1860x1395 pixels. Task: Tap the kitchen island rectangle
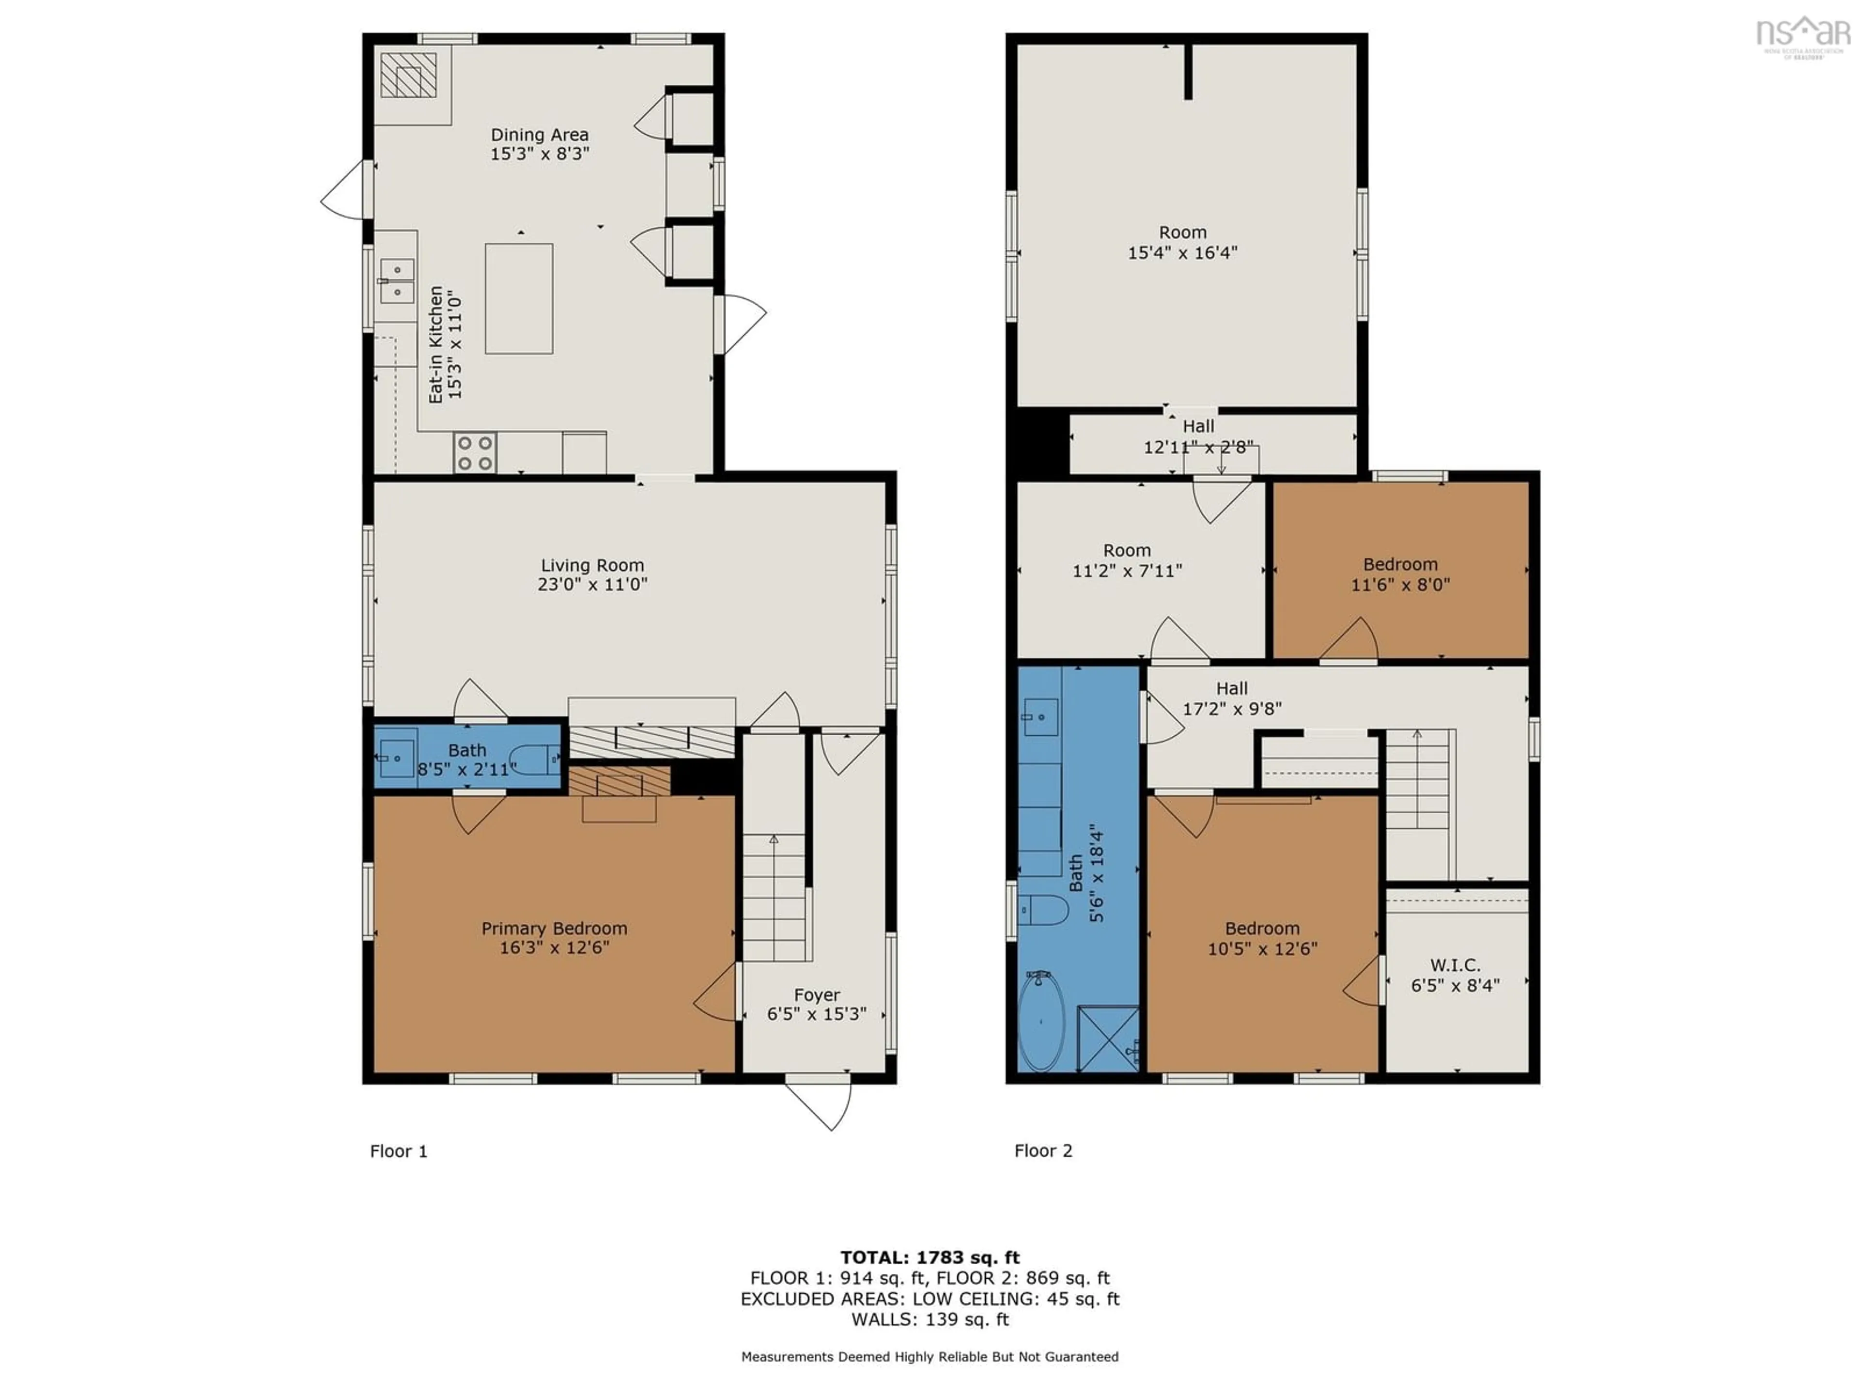pyautogui.click(x=519, y=298)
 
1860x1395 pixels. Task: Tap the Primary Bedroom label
pyautogui.click(x=554, y=929)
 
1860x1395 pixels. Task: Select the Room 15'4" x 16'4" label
pyautogui.click(x=1182, y=242)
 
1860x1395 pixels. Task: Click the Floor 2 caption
pyautogui.click(x=1043, y=1151)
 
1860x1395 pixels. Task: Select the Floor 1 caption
pyautogui.click(x=399, y=1151)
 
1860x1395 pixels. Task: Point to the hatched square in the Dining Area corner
pyautogui.click(x=409, y=75)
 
